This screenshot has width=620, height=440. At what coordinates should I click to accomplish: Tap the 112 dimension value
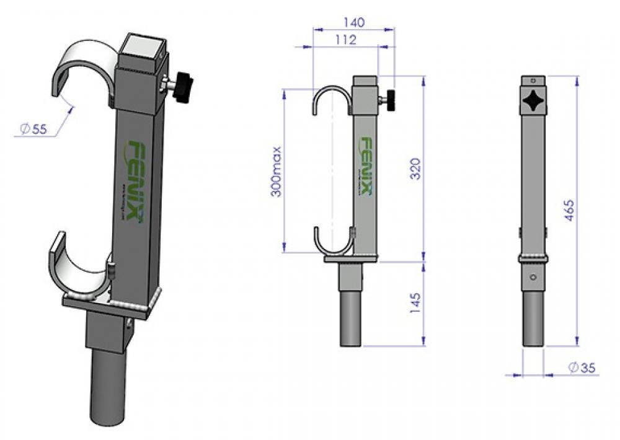(x=345, y=40)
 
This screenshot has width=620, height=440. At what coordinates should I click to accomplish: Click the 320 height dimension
(x=417, y=169)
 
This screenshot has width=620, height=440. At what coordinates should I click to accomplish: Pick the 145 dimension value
(x=417, y=301)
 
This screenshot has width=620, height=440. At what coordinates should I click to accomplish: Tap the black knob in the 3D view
(x=182, y=86)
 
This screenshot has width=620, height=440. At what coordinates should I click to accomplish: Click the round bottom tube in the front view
(x=533, y=319)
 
